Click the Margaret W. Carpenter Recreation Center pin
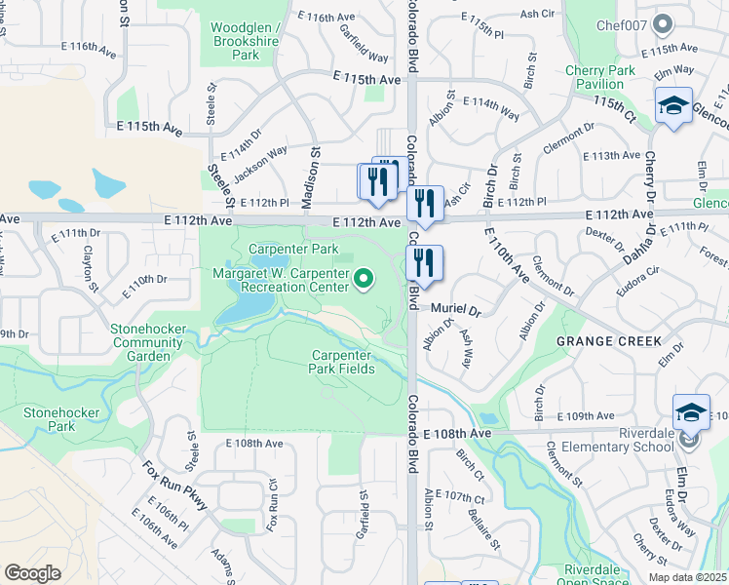tap(364, 280)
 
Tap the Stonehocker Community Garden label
tap(148, 342)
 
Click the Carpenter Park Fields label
tap(342, 362)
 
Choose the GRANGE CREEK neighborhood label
tap(609, 341)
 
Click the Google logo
tap(33, 572)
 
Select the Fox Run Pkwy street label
tap(175, 486)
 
